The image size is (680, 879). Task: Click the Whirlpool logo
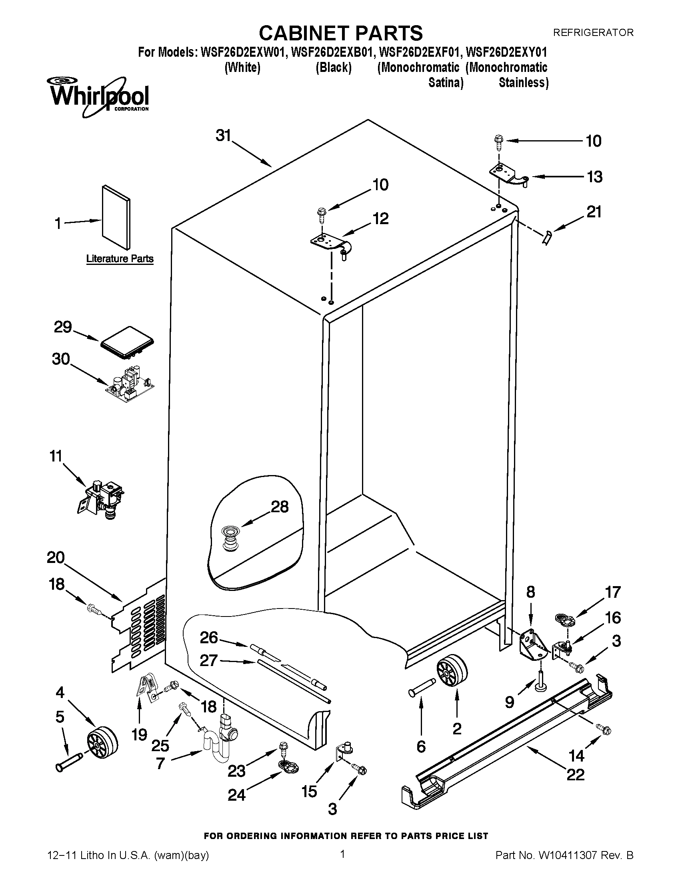point(99,97)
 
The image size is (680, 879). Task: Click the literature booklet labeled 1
point(116,217)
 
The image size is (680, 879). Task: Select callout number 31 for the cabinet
point(223,135)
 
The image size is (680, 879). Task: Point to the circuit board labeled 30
point(130,384)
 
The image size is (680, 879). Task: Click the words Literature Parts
point(120,259)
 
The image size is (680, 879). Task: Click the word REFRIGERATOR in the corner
point(592,32)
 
